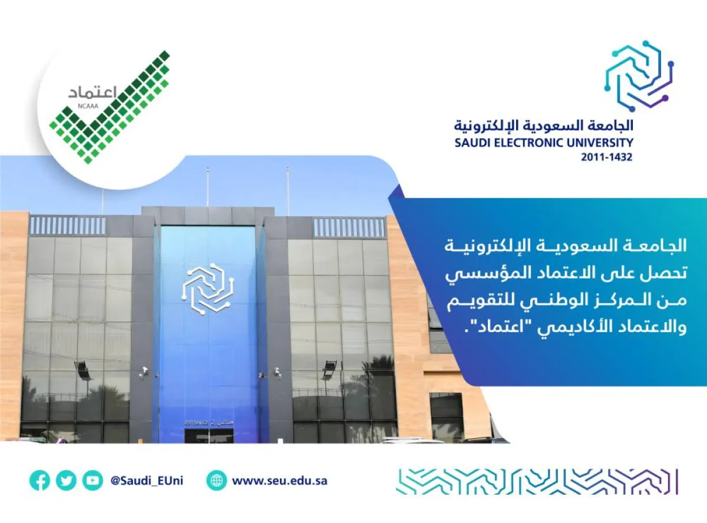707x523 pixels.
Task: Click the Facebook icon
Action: (x=39, y=481)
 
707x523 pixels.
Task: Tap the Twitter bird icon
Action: (x=66, y=481)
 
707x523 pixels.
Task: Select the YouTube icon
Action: (x=92, y=481)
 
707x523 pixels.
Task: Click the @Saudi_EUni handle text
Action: (x=147, y=481)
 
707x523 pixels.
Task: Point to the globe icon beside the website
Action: (x=217, y=481)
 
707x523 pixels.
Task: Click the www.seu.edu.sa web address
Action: (x=280, y=481)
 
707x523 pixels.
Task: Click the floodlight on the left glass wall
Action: (x=82, y=370)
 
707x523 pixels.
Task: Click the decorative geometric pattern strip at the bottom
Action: (x=536, y=481)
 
